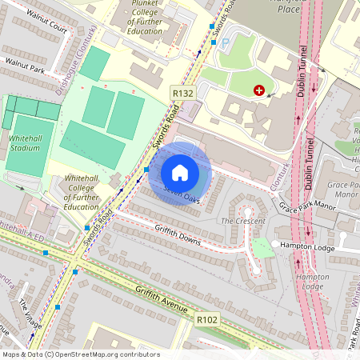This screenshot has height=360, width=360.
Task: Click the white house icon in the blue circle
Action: (x=180, y=173)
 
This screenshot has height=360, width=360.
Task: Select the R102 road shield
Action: (x=207, y=319)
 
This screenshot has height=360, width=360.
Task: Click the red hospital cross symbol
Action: (x=258, y=91)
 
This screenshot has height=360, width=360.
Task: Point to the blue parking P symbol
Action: (x=223, y=42)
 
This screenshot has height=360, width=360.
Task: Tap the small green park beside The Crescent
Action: (x=262, y=247)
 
